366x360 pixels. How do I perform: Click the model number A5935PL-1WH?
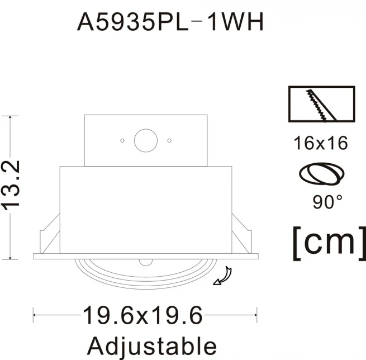point(170,22)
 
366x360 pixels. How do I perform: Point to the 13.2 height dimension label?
point(11,186)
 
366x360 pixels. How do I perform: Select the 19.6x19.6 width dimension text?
point(142,315)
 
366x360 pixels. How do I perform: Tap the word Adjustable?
point(152,346)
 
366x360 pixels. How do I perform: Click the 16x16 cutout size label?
point(321,143)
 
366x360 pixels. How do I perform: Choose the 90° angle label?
point(327,202)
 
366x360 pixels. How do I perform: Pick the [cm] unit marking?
point(329,243)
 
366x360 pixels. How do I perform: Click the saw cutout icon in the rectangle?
point(322,104)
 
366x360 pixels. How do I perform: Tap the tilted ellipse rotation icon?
point(322,174)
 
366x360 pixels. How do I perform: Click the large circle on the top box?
point(146,140)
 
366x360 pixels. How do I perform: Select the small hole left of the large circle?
point(122,140)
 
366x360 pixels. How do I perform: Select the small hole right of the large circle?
point(169,140)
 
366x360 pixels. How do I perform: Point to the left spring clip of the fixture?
point(50,234)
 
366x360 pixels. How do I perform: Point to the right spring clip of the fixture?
point(242,234)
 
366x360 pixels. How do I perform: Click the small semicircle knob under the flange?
point(146,262)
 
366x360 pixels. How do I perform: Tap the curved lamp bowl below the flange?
point(146,274)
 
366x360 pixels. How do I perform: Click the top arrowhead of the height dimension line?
point(10,117)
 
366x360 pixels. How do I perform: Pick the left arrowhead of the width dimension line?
point(35,315)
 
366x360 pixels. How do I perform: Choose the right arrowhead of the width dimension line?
point(255,315)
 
